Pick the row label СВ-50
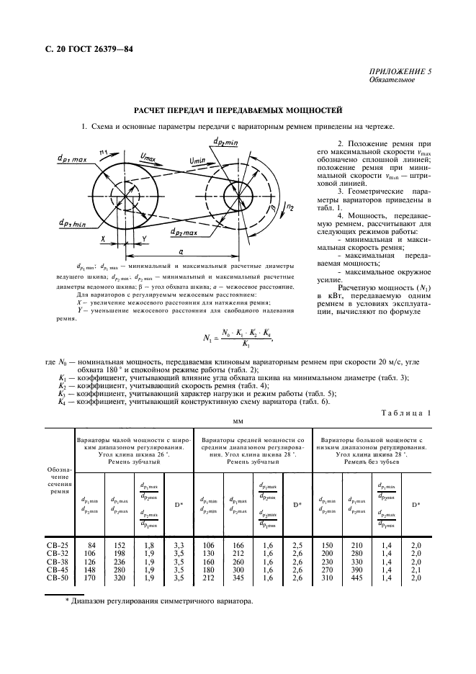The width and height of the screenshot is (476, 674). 56,578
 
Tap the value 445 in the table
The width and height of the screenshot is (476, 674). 356,578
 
